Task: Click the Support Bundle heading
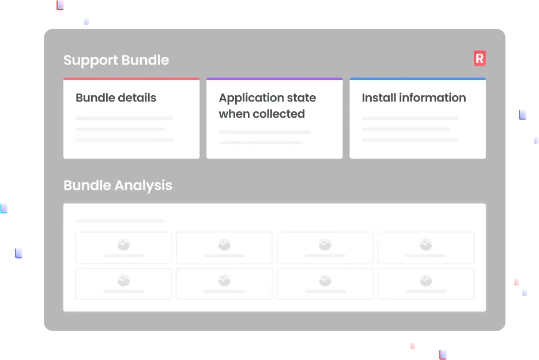tap(116, 60)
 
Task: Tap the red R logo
tap(479, 58)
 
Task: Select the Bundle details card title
tap(116, 97)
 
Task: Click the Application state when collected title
tap(267, 106)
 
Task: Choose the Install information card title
tap(413, 97)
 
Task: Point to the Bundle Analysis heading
tap(118, 185)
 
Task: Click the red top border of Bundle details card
tap(131, 79)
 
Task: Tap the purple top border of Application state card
tap(274, 79)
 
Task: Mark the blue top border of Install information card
tap(417, 79)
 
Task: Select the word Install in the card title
tap(377, 97)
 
